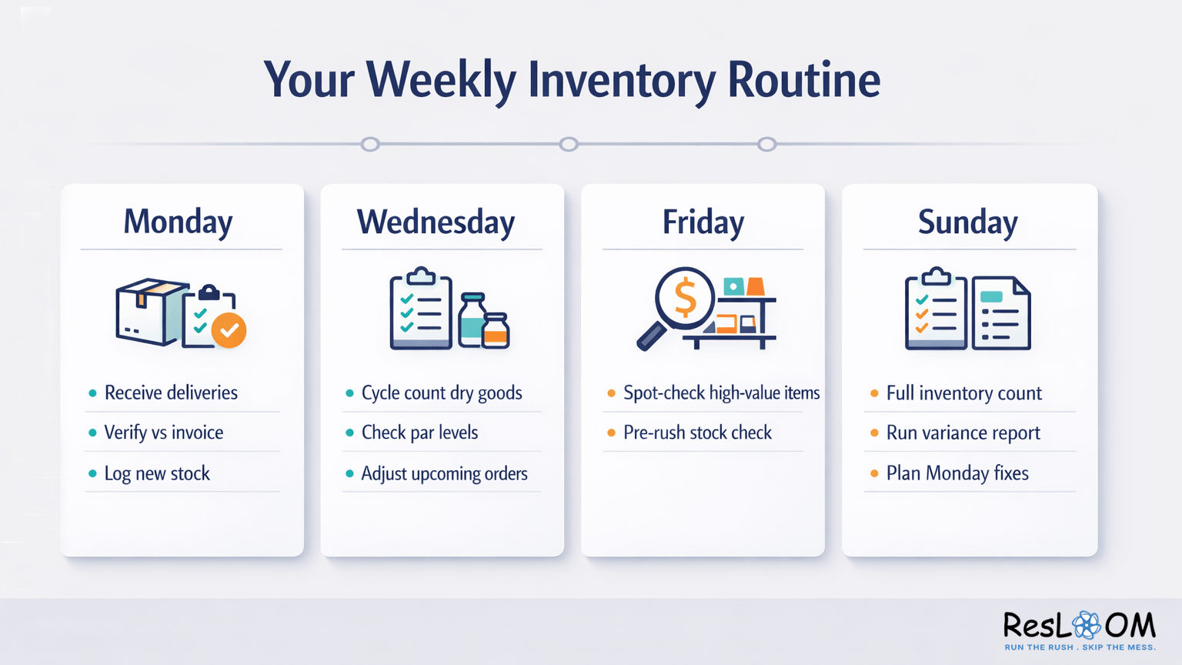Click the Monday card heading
(x=178, y=222)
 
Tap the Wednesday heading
(x=436, y=222)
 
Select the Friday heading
(x=703, y=222)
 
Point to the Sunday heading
(x=967, y=222)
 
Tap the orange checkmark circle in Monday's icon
(x=229, y=330)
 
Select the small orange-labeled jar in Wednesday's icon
(x=496, y=330)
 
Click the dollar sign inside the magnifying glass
(x=684, y=299)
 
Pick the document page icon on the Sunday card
(x=1000, y=313)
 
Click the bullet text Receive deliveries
(x=171, y=393)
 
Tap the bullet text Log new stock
(x=157, y=473)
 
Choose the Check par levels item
(x=419, y=433)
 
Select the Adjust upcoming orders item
(x=444, y=473)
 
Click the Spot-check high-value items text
(x=721, y=393)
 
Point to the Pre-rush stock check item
(x=697, y=433)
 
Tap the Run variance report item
(x=963, y=433)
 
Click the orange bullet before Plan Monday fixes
(x=874, y=473)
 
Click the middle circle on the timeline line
(x=569, y=144)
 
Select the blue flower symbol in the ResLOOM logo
(x=1087, y=625)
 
